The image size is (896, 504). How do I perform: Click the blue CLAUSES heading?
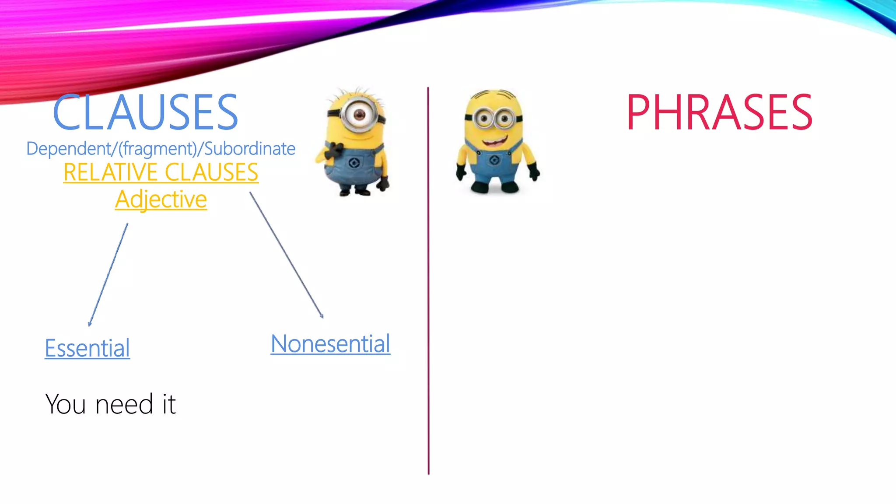[x=145, y=112]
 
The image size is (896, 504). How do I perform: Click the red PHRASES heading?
[x=719, y=112]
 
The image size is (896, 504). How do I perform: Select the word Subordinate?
[x=250, y=149]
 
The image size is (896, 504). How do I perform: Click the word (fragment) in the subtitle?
[x=158, y=149]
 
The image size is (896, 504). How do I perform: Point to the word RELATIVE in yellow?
[x=110, y=172]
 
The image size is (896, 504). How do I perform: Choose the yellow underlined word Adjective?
[x=161, y=199]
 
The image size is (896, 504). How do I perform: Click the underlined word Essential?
[x=87, y=348]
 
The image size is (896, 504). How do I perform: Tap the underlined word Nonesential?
[x=330, y=344]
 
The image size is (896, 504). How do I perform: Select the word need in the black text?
[x=124, y=404]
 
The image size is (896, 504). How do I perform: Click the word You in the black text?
[x=66, y=404]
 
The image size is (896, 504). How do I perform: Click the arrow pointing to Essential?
[x=108, y=275]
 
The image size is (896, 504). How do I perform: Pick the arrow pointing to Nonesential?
[x=287, y=255]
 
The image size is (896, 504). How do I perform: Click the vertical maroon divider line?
[x=428, y=280]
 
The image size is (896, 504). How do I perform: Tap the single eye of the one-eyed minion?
[x=360, y=115]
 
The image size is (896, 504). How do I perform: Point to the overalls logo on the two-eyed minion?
[x=494, y=161]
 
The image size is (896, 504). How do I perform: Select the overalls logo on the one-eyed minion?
[x=354, y=164]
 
